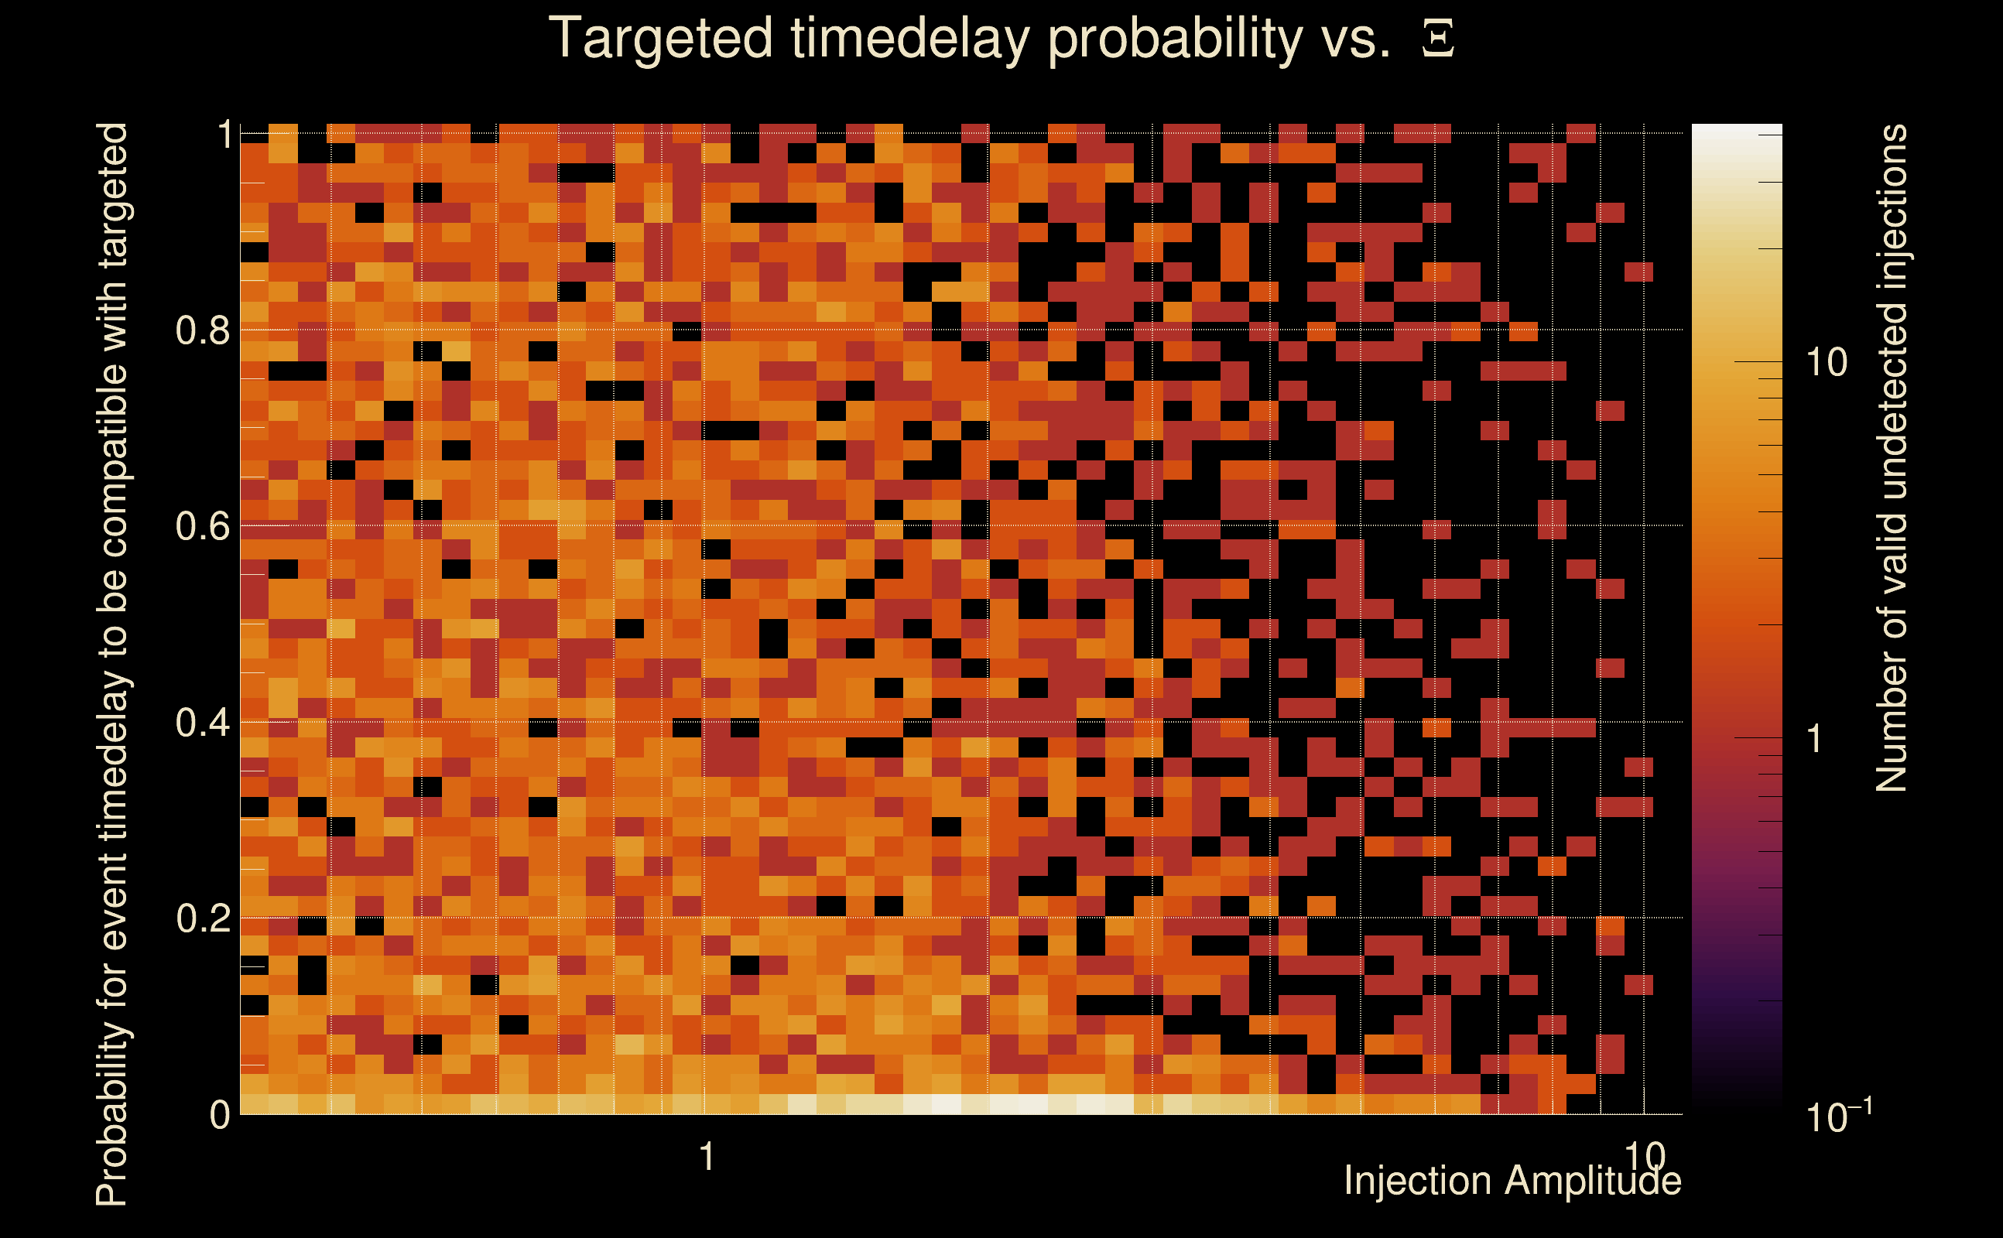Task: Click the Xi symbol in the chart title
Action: pos(1438,39)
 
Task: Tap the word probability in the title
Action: pos(1175,39)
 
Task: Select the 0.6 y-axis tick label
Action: pos(203,525)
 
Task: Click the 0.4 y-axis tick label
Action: pos(203,722)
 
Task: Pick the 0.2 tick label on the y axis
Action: pos(203,918)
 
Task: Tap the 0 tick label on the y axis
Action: pos(220,1114)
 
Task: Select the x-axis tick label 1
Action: pos(707,1157)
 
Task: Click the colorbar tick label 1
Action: pos(1815,738)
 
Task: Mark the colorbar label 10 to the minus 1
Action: pos(1839,1115)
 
